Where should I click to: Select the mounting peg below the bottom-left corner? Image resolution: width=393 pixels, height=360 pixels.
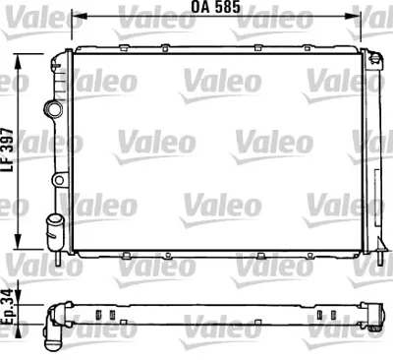[64, 265]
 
